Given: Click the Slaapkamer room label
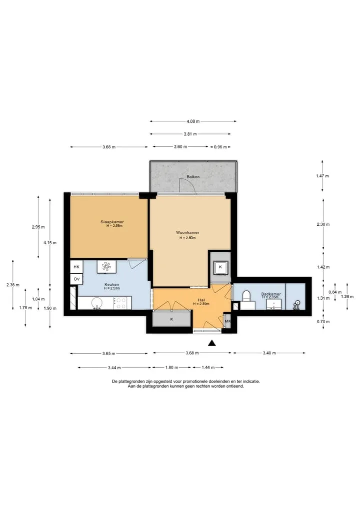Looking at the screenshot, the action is point(112,222).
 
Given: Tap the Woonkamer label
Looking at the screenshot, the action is point(187,233).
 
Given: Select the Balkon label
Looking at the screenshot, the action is point(193,177).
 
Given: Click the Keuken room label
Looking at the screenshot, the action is point(111,284).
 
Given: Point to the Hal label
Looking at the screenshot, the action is point(201,300).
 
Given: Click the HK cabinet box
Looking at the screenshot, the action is point(76,267).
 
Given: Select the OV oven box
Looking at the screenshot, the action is point(76,279).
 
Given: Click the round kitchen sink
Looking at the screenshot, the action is point(96,303).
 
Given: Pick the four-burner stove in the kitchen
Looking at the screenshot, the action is point(121,303).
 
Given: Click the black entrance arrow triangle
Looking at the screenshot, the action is point(212,343).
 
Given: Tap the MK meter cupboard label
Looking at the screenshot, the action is point(227,321).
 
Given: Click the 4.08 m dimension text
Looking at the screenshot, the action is point(193,121).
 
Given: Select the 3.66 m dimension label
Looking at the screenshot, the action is point(109,147).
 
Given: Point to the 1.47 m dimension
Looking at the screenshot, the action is point(322,176).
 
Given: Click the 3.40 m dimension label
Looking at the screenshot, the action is point(269,353).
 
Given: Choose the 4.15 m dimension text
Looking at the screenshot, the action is point(50,242).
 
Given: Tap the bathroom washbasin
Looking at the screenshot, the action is point(273,305).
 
